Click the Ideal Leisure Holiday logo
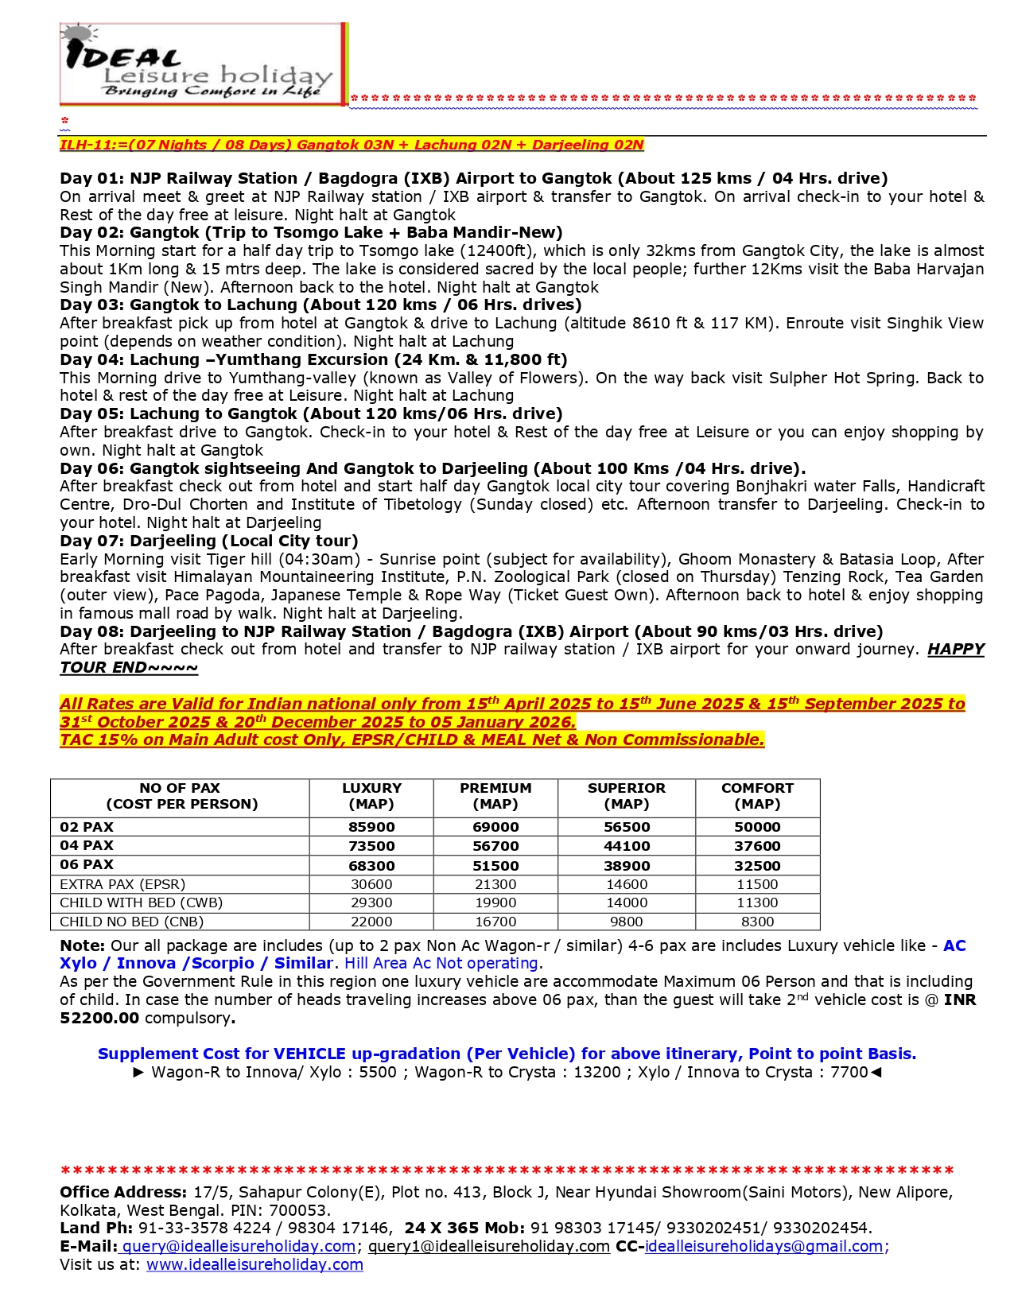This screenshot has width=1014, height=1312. (x=203, y=64)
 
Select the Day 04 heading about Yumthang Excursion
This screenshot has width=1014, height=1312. (x=313, y=359)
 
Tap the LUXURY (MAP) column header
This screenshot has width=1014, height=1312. (x=371, y=796)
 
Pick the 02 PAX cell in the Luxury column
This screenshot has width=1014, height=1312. (x=371, y=827)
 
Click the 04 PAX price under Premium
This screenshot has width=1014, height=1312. (x=495, y=846)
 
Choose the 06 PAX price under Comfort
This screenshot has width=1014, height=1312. (x=757, y=866)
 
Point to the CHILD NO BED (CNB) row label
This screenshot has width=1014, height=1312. (x=132, y=922)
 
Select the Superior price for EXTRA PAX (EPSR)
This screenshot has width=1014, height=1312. (x=627, y=884)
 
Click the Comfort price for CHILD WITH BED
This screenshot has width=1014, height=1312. (x=757, y=902)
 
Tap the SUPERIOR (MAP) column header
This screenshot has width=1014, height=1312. (x=627, y=796)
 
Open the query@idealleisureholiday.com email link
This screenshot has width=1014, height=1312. (x=239, y=1246)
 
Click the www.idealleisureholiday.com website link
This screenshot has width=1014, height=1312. (x=254, y=1264)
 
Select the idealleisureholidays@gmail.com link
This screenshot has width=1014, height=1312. (x=763, y=1246)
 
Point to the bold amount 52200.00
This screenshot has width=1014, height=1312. (x=99, y=1018)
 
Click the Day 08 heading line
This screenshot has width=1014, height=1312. (x=471, y=631)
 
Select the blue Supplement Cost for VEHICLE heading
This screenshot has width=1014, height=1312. (x=507, y=1054)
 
